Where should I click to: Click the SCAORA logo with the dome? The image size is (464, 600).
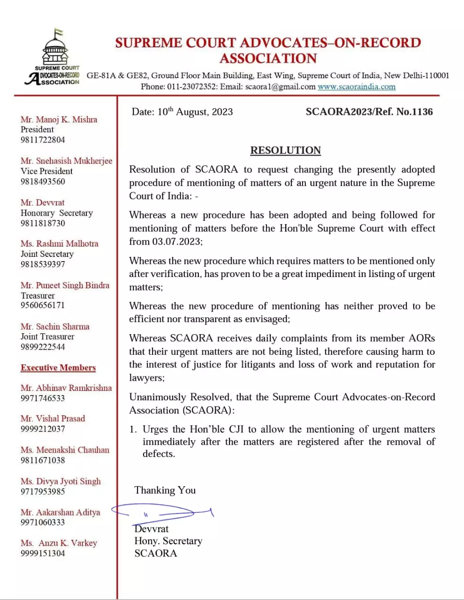point(54,58)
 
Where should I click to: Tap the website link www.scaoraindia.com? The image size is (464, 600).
point(357,87)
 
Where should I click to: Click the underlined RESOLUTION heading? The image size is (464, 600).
point(285,150)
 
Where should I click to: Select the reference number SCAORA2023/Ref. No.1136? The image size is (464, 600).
point(369,112)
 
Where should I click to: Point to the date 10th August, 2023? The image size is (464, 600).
point(195,112)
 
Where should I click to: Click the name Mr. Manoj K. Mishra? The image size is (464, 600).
point(59,120)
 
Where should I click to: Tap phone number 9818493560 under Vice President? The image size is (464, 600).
point(43,181)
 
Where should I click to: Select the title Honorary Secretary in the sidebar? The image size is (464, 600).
point(57,213)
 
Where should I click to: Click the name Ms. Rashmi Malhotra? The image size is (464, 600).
point(60,244)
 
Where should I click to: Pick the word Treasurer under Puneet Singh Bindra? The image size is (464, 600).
point(38,296)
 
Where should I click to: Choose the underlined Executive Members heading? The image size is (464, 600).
point(58,368)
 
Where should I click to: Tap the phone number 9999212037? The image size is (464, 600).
point(43,429)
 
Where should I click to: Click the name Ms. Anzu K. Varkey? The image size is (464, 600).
point(59,543)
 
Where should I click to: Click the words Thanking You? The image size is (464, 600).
point(165,490)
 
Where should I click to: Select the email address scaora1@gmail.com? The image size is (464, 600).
point(280,87)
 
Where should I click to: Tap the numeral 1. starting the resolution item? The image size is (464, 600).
point(133,429)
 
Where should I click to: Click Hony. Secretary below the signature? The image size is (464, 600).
point(168,541)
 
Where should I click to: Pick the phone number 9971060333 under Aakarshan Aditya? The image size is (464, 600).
point(43,522)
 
